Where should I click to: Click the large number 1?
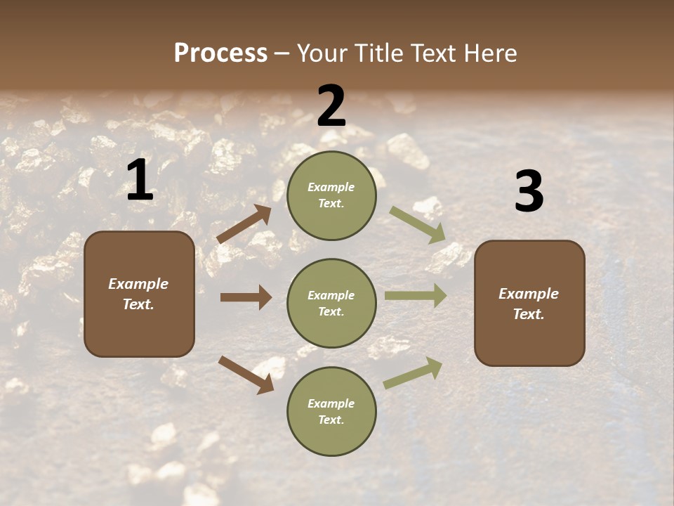click(x=140, y=181)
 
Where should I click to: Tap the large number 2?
click(x=331, y=107)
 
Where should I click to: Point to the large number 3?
click(x=529, y=191)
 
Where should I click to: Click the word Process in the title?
click(x=220, y=53)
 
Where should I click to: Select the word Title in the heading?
click(x=380, y=53)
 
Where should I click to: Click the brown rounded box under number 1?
click(x=139, y=294)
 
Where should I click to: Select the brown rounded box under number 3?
click(x=529, y=303)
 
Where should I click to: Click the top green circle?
click(x=331, y=195)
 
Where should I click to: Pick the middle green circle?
click(x=331, y=303)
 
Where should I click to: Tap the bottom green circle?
click(x=331, y=411)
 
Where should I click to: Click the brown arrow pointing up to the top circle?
click(x=244, y=224)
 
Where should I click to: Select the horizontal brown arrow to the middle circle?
click(x=246, y=297)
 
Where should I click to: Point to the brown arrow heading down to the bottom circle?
click(x=246, y=374)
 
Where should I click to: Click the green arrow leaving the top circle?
click(x=418, y=224)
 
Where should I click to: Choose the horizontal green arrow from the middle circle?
click(x=416, y=295)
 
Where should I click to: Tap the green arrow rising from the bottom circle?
click(x=413, y=373)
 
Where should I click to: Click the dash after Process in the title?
click(x=282, y=53)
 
